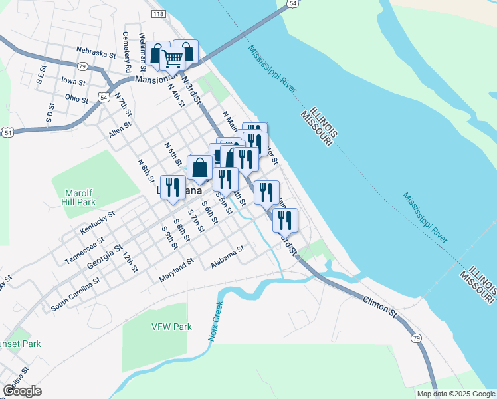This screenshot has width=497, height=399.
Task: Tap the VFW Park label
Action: click(171, 327)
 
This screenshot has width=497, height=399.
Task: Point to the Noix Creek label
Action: click(215, 323)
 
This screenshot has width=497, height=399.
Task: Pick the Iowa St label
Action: click(73, 82)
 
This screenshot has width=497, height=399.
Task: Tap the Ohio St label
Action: click(76, 98)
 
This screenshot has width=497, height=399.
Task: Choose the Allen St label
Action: click(120, 128)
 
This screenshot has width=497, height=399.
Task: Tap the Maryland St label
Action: click(176, 269)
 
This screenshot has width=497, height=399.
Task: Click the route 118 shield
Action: click(158, 13)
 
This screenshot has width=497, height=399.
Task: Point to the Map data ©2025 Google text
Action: click(456, 394)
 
